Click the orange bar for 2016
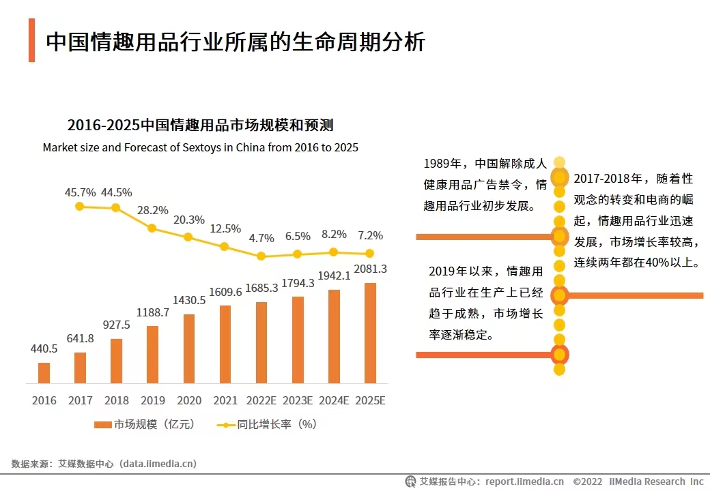44,373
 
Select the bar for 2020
189,348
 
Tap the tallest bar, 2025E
370,333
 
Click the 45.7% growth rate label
81,192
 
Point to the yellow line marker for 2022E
261,256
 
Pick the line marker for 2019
152,228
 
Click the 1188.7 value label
153,313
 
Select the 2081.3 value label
370,269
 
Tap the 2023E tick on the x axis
298,400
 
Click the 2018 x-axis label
116,400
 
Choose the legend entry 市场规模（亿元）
145,424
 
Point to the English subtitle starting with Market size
200,147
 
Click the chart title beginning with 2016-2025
200,125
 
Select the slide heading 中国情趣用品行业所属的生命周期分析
236,42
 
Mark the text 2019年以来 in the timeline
459,271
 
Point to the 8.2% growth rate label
334,234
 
